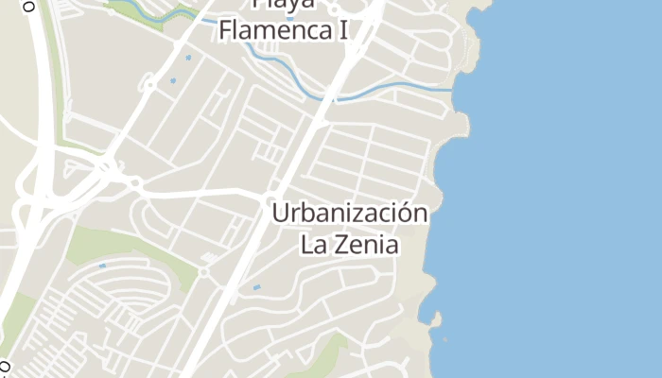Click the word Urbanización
pyautogui.click(x=350, y=215)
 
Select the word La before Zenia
pyautogui.click(x=314, y=246)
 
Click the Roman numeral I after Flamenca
pyautogui.click(x=343, y=29)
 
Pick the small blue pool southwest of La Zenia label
pyautogui.click(x=256, y=285)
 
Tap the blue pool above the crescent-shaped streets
pyautogui.click(x=102, y=266)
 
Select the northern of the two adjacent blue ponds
pyautogui.click(x=187, y=59)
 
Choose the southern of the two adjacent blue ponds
pyautogui.click(x=173, y=79)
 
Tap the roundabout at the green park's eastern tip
pyautogui.click(x=203, y=272)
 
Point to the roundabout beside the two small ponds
pyautogui.click(x=148, y=84)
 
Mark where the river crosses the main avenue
pyautogui.click(x=333, y=96)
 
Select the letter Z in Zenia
pyautogui.click(x=339, y=246)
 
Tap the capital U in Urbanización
pyautogui.click(x=280, y=214)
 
